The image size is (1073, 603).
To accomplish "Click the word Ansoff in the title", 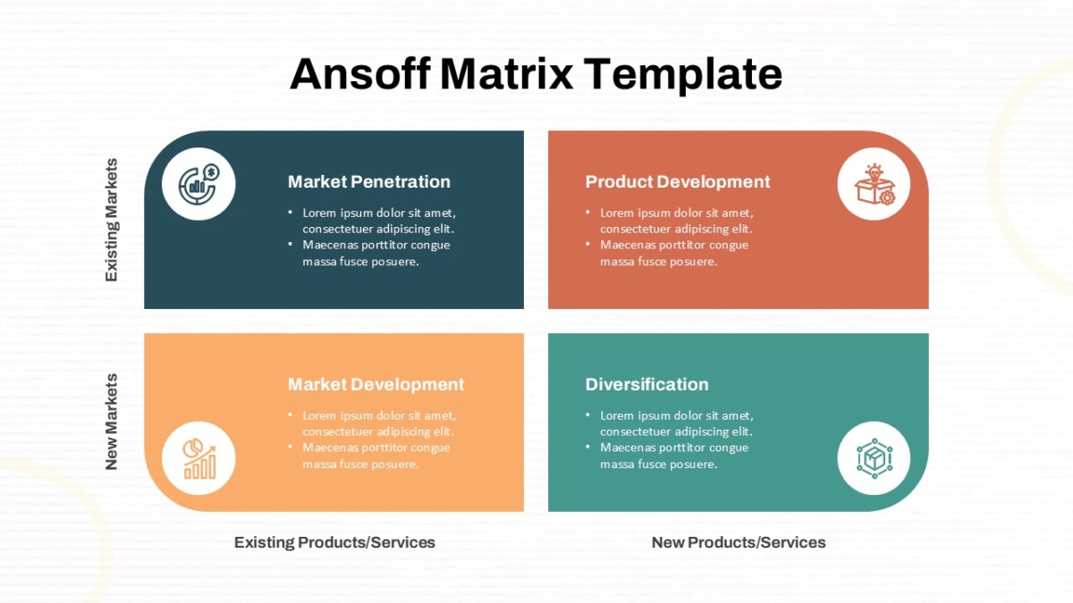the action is coord(360,73).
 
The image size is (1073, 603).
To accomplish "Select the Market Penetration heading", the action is coord(368,182).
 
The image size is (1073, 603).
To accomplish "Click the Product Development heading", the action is coord(678,182).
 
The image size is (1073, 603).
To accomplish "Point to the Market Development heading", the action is coord(376,384).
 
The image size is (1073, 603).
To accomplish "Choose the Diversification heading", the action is coord(646,384).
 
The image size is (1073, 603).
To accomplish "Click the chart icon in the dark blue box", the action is coord(199,184).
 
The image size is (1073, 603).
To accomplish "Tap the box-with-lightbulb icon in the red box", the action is coord(874,184).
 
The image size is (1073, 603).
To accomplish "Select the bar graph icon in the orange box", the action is coord(199,458).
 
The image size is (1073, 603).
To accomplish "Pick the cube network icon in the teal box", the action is coord(874,458).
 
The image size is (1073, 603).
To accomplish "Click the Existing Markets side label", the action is coord(111,220).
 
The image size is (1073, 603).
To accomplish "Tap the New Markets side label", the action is coord(111,422).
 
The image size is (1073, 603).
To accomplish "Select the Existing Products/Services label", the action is coord(334,542).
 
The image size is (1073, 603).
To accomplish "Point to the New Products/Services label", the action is coord(739,542).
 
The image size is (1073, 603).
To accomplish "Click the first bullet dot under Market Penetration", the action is coord(291,212).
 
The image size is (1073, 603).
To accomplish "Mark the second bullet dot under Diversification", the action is coord(587,447).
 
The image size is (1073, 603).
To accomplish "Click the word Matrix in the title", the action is coord(506,73).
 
